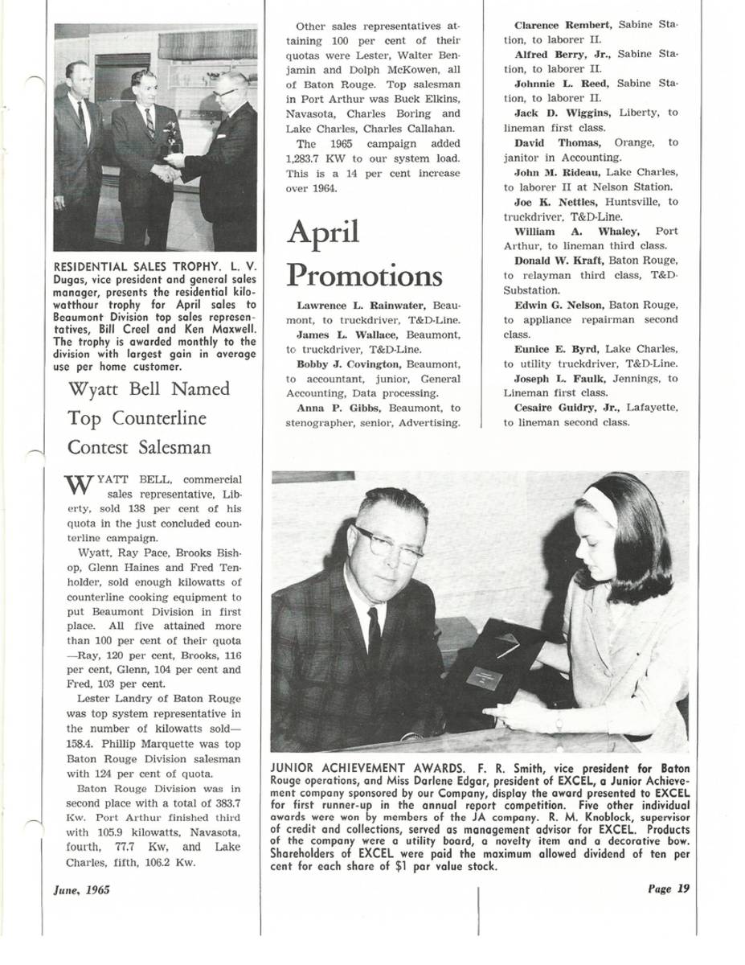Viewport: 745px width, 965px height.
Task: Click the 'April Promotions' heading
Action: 363,254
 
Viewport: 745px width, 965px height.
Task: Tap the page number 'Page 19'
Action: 669,889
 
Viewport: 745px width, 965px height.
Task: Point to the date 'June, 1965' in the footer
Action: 82,889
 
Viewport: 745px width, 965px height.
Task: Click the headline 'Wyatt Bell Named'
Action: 149,389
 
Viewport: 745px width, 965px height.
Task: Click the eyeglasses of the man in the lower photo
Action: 388,546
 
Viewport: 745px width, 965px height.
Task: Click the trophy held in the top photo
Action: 170,138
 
